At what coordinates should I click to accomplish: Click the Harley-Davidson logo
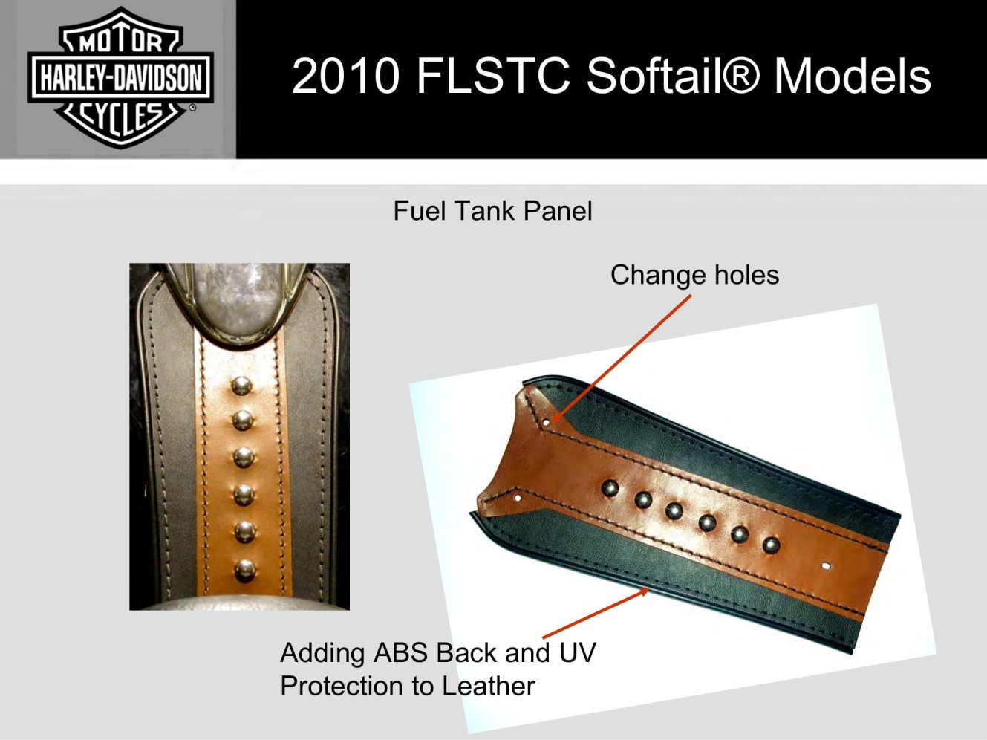click(120, 77)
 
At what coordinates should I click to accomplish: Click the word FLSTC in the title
click(493, 76)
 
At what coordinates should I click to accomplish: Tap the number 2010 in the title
click(346, 76)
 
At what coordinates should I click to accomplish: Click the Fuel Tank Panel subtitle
click(493, 211)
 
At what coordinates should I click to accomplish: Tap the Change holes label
click(694, 275)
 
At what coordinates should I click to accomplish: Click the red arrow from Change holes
click(621, 359)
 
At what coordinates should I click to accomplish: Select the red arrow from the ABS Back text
click(596, 614)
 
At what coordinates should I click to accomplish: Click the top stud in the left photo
click(241, 386)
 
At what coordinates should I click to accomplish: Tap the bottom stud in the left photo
click(245, 571)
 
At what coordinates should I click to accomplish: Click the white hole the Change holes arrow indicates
click(547, 423)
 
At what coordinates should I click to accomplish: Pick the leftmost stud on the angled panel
click(610, 488)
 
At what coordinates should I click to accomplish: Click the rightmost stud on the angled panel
click(771, 545)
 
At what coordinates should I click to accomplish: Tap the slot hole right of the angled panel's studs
click(826, 566)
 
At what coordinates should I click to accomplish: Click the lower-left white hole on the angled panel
click(518, 498)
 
